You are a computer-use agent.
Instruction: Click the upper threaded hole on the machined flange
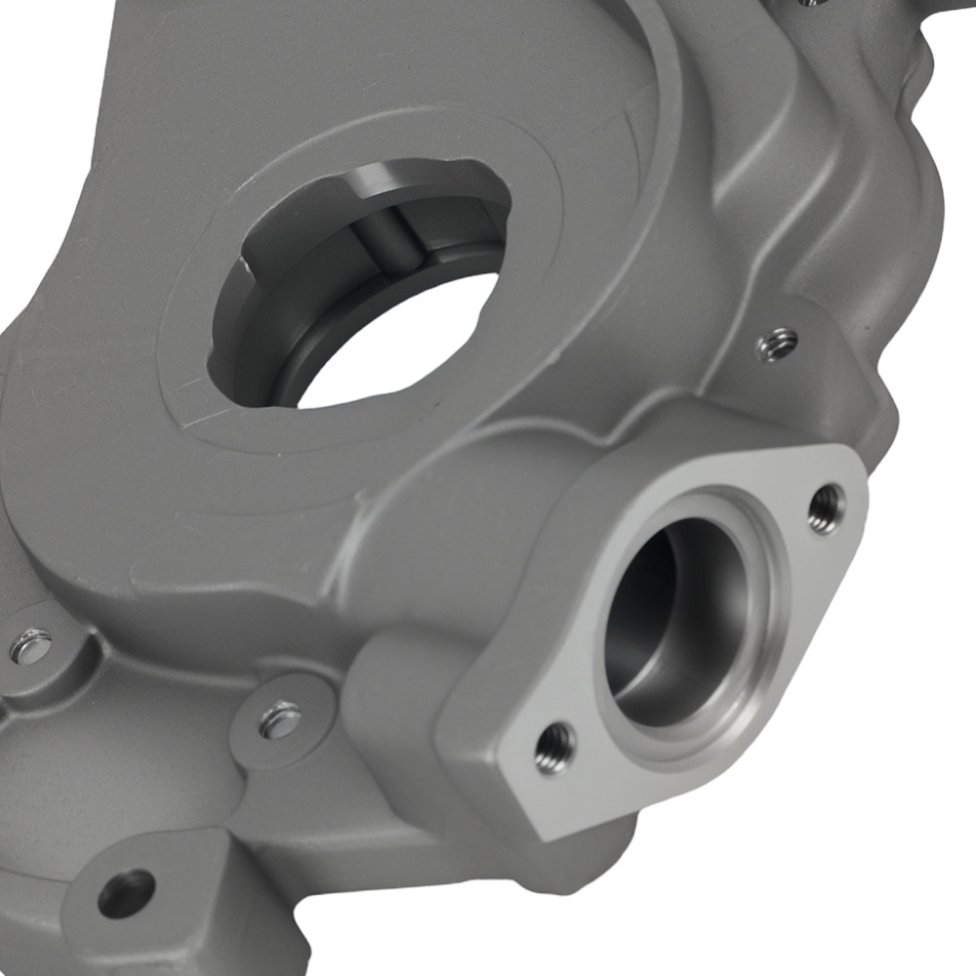click(x=826, y=508)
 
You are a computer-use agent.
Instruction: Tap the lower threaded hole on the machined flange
click(x=554, y=748)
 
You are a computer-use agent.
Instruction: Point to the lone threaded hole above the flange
click(x=778, y=344)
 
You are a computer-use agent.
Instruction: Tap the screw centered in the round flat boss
click(x=281, y=719)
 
